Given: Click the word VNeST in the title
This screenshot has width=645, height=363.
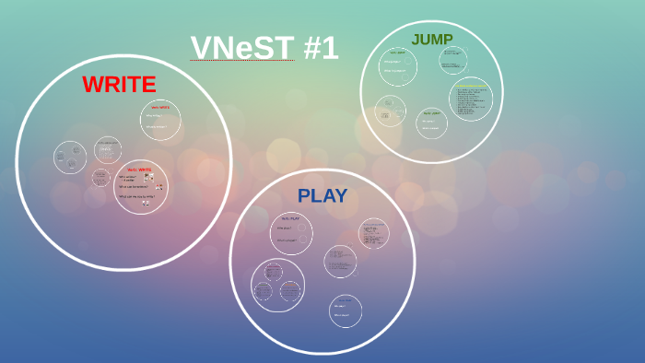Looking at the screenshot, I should pyautogui.click(x=242, y=48).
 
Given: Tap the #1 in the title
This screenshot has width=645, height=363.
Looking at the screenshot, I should pyautogui.click(x=320, y=48).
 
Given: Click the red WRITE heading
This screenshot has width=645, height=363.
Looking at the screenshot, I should pyautogui.click(x=119, y=84).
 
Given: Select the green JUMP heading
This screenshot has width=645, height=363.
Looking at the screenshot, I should pyautogui.click(x=431, y=40).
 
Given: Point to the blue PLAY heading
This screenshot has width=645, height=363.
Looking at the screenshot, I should pyautogui.click(x=322, y=195).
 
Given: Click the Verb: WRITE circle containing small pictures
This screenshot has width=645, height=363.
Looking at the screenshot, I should pyautogui.click(x=140, y=187).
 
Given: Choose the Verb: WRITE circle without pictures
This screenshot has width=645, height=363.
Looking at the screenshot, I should pyautogui.click(x=160, y=121).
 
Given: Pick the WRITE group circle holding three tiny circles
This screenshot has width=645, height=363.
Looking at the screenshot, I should pyautogui.click(x=71, y=157).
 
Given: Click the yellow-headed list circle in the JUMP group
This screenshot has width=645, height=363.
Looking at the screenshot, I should pyautogui.click(x=470, y=100).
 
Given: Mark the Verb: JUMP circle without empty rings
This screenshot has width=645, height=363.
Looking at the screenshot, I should pyautogui.click(x=430, y=123).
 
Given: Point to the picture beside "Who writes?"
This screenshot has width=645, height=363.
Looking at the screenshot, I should pyautogui.click(x=147, y=177).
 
